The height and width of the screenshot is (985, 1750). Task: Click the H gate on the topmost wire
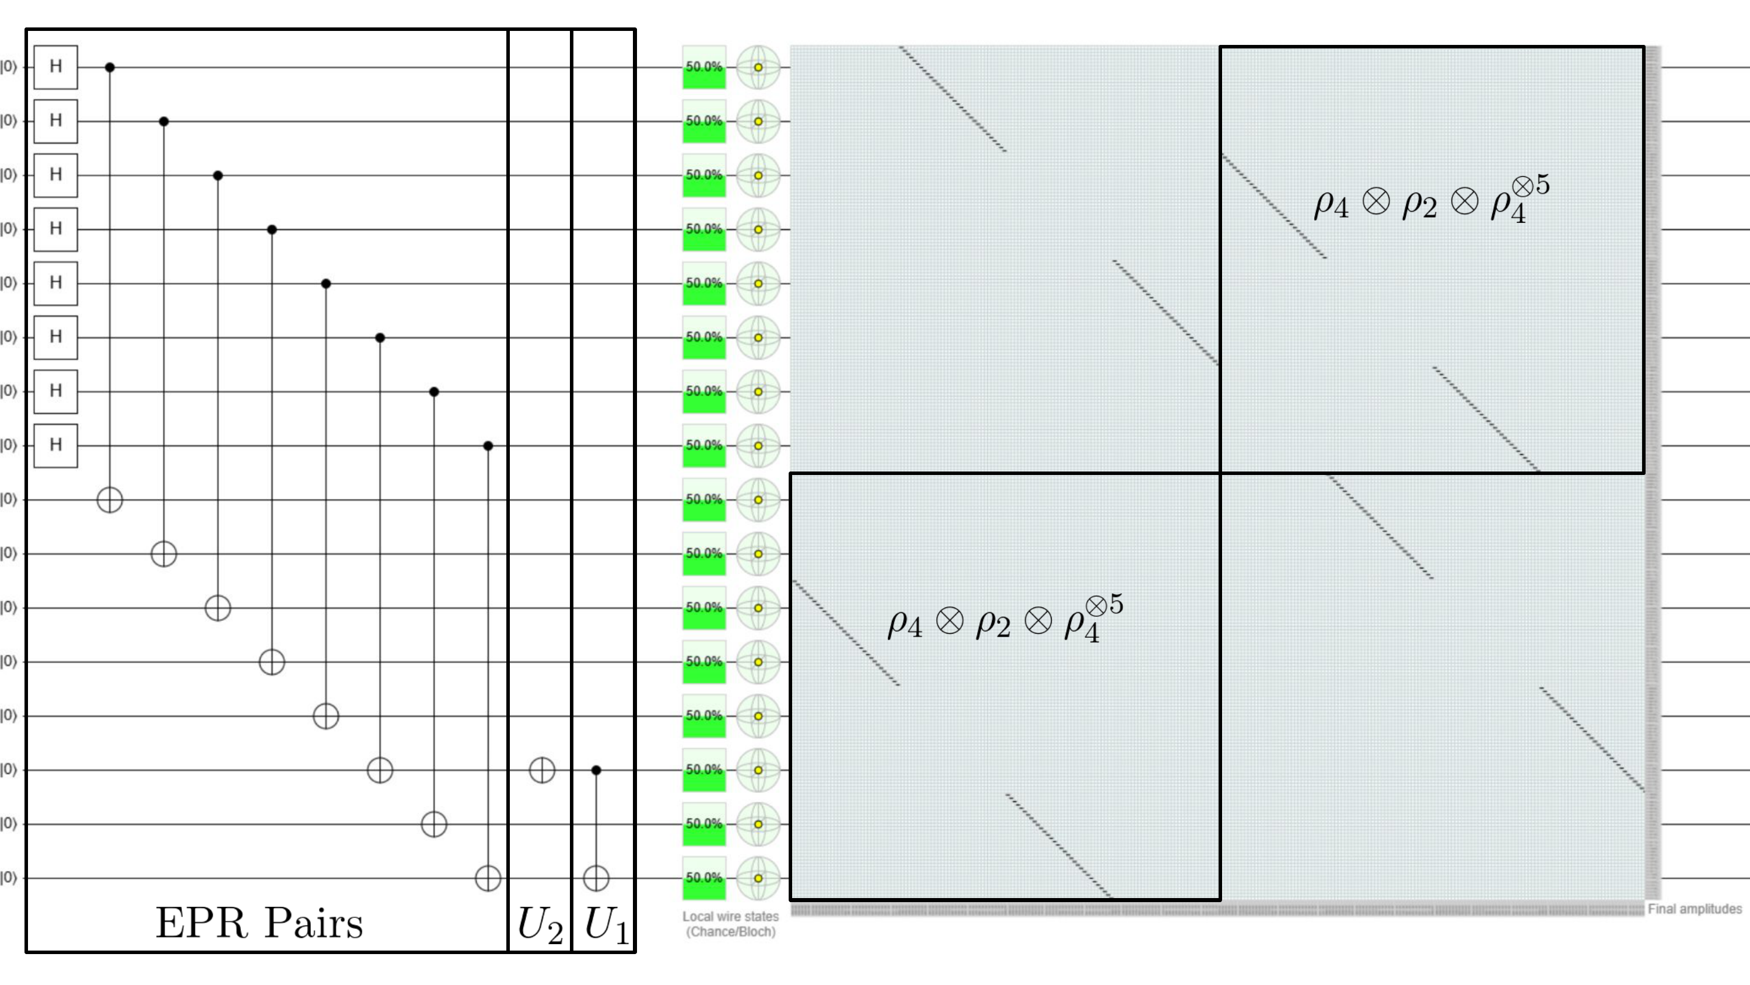pyautogui.click(x=55, y=67)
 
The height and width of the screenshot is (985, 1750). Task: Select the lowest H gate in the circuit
pyautogui.click(x=55, y=445)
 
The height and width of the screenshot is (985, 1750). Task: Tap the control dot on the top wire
pyautogui.click(x=110, y=67)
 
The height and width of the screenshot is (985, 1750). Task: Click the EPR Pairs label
pyautogui.click(x=260, y=923)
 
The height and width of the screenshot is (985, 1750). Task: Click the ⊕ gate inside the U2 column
pyautogui.click(x=542, y=770)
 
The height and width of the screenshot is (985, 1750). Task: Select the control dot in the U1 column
pyautogui.click(x=596, y=770)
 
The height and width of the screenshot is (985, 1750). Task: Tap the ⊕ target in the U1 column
pyautogui.click(x=596, y=878)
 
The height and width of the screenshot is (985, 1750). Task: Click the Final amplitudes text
pyautogui.click(x=1695, y=909)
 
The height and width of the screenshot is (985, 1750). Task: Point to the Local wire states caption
pyautogui.click(x=730, y=924)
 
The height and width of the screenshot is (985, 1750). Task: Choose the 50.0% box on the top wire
pyautogui.click(x=704, y=67)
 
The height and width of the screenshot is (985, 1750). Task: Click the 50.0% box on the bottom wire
pyautogui.click(x=704, y=878)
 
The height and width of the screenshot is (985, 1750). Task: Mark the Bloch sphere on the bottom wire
pyautogui.click(x=758, y=878)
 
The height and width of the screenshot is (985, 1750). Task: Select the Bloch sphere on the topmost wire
pyautogui.click(x=758, y=67)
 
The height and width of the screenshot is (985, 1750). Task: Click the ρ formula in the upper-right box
pyautogui.click(x=1432, y=199)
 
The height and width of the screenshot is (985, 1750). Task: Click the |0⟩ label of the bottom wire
pyautogui.click(x=8, y=878)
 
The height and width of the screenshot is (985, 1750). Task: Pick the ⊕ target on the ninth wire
pyautogui.click(x=110, y=500)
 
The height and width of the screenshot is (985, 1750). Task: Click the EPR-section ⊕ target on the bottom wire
pyautogui.click(x=488, y=878)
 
